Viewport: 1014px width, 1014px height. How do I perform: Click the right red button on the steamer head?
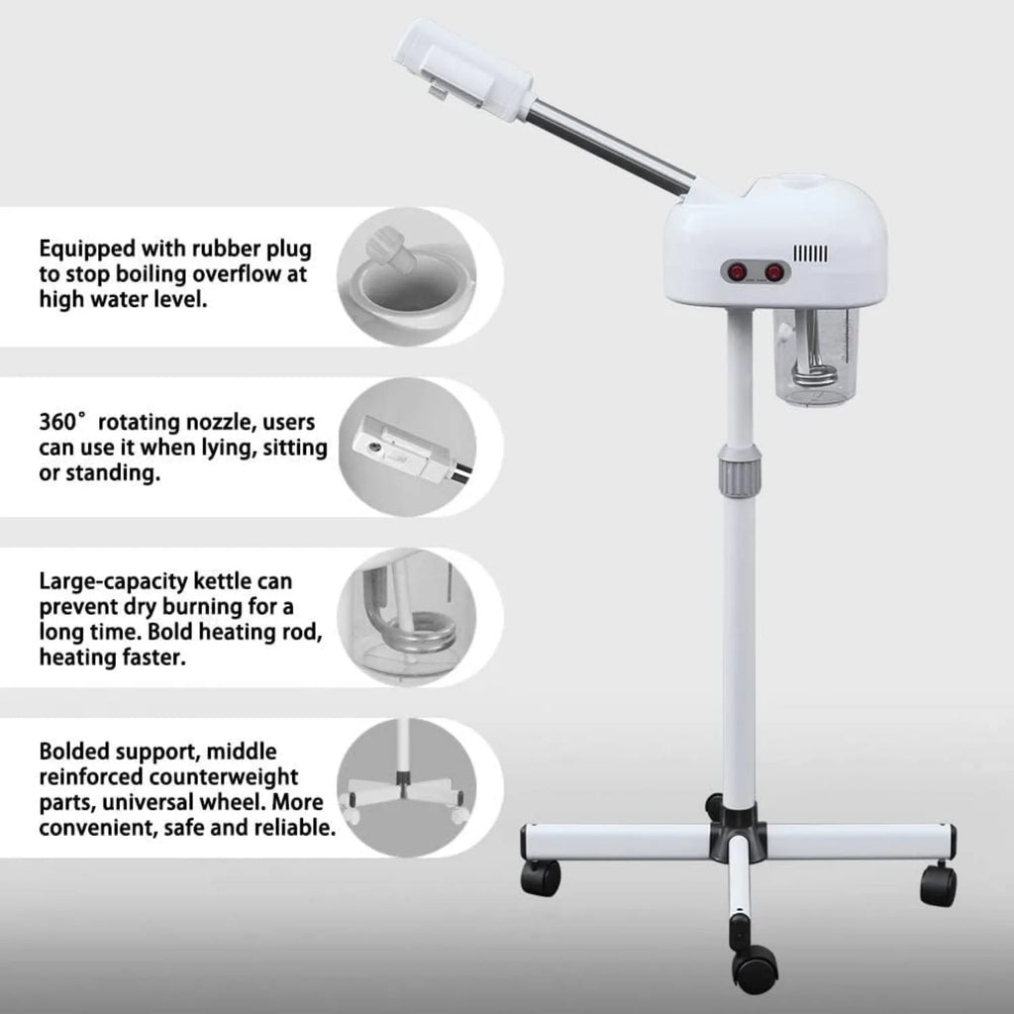tap(774, 270)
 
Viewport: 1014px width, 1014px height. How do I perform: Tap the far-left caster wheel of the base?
tap(540, 875)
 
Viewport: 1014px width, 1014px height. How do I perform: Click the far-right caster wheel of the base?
tap(937, 881)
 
